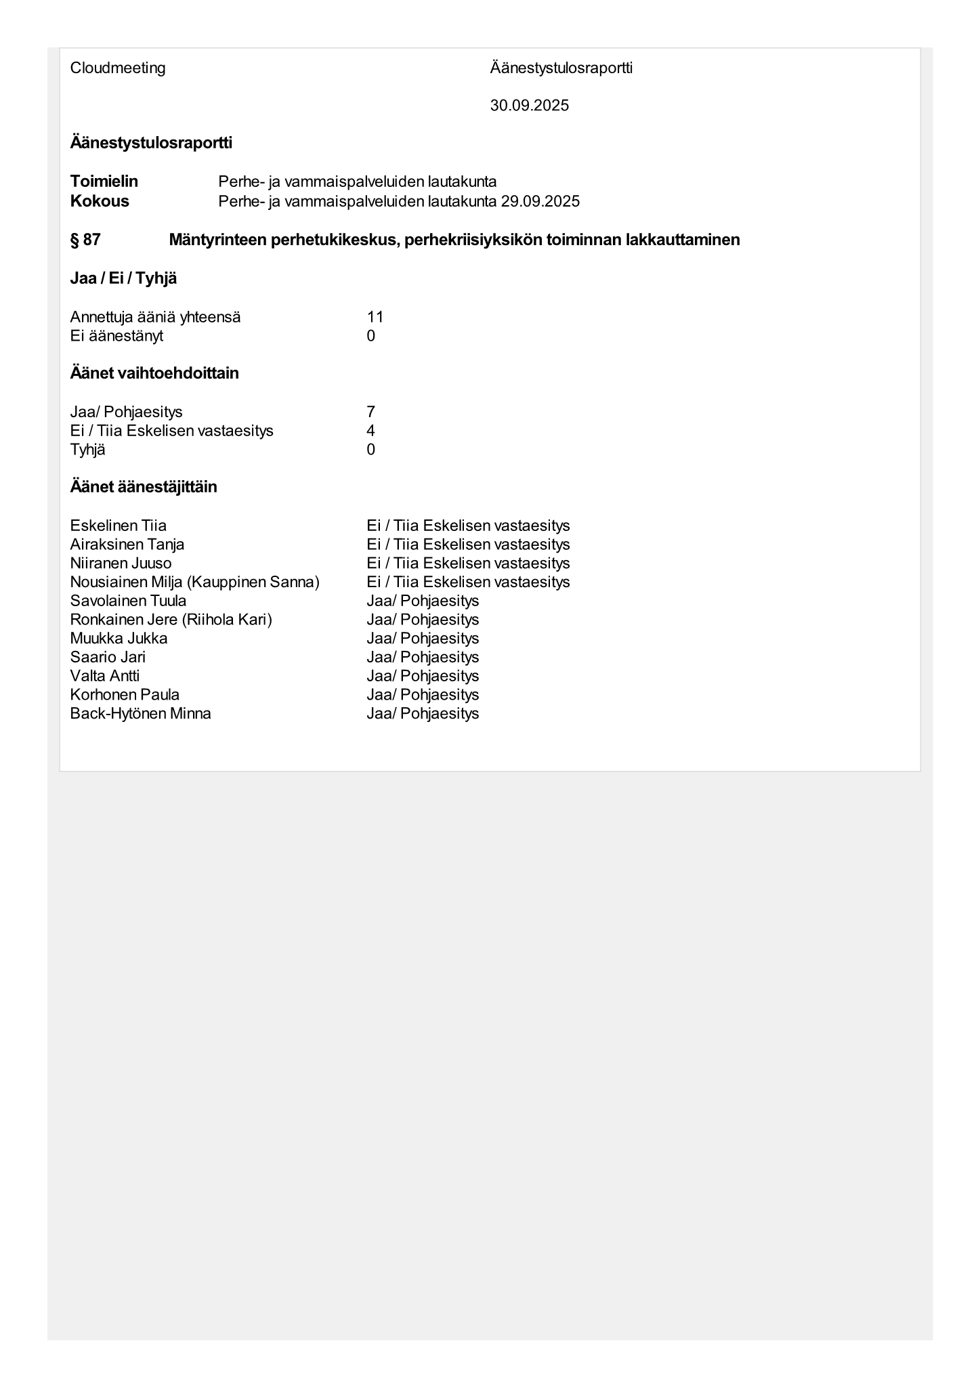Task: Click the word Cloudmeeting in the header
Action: [x=118, y=68]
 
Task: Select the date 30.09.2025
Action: [x=529, y=106]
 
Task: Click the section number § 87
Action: [x=85, y=240]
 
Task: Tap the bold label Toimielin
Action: [x=104, y=182]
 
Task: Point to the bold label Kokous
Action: [x=100, y=201]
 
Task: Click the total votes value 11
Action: [x=375, y=317]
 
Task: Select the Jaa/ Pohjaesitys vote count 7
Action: [x=371, y=412]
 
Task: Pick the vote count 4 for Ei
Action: [x=371, y=431]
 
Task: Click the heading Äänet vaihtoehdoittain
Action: [x=154, y=373]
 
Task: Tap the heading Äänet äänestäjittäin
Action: [x=144, y=487]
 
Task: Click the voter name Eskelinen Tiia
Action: [x=119, y=526]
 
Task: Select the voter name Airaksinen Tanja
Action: [x=127, y=545]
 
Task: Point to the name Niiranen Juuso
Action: [x=121, y=563]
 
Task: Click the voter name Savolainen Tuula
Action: [x=129, y=601]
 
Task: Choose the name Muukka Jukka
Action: [x=119, y=638]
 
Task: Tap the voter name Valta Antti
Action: [x=105, y=676]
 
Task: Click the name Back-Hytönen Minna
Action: [x=141, y=713]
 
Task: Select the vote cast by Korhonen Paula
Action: [x=423, y=695]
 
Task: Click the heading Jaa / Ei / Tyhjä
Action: [x=123, y=278]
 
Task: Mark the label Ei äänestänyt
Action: [x=116, y=336]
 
